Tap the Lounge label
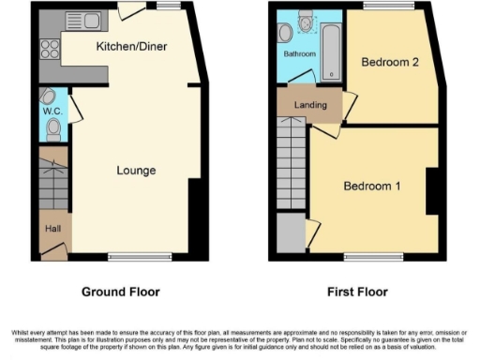136,171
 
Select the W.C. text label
52,112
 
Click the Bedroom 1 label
371,186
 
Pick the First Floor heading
357,292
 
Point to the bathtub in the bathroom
331,49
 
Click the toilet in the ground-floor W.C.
52,128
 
